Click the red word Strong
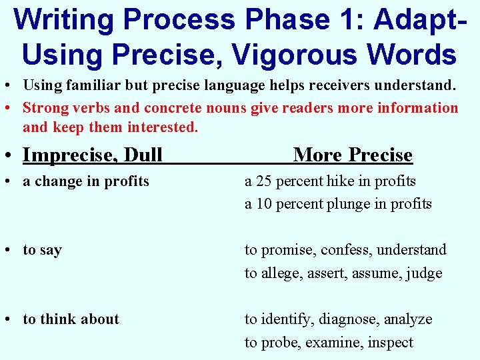tap(46, 108)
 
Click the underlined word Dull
tap(143, 155)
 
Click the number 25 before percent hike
tap(264, 181)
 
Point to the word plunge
tap(347, 204)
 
